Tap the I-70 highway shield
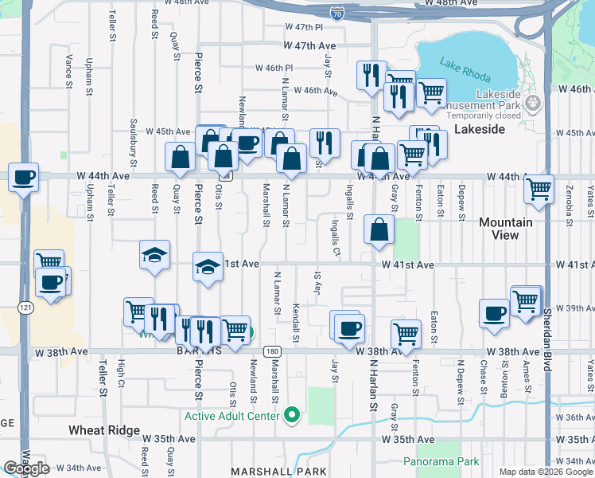(x=337, y=12)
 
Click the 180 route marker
(x=272, y=351)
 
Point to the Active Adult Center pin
(x=293, y=415)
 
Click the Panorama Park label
(x=441, y=461)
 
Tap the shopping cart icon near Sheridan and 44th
(x=539, y=189)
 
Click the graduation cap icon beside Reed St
(x=154, y=255)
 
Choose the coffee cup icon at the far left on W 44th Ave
(x=24, y=177)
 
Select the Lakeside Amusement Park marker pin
(x=534, y=104)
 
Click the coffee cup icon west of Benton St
(x=494, y=313)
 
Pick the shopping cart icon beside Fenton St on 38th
(x=406, y=333)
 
